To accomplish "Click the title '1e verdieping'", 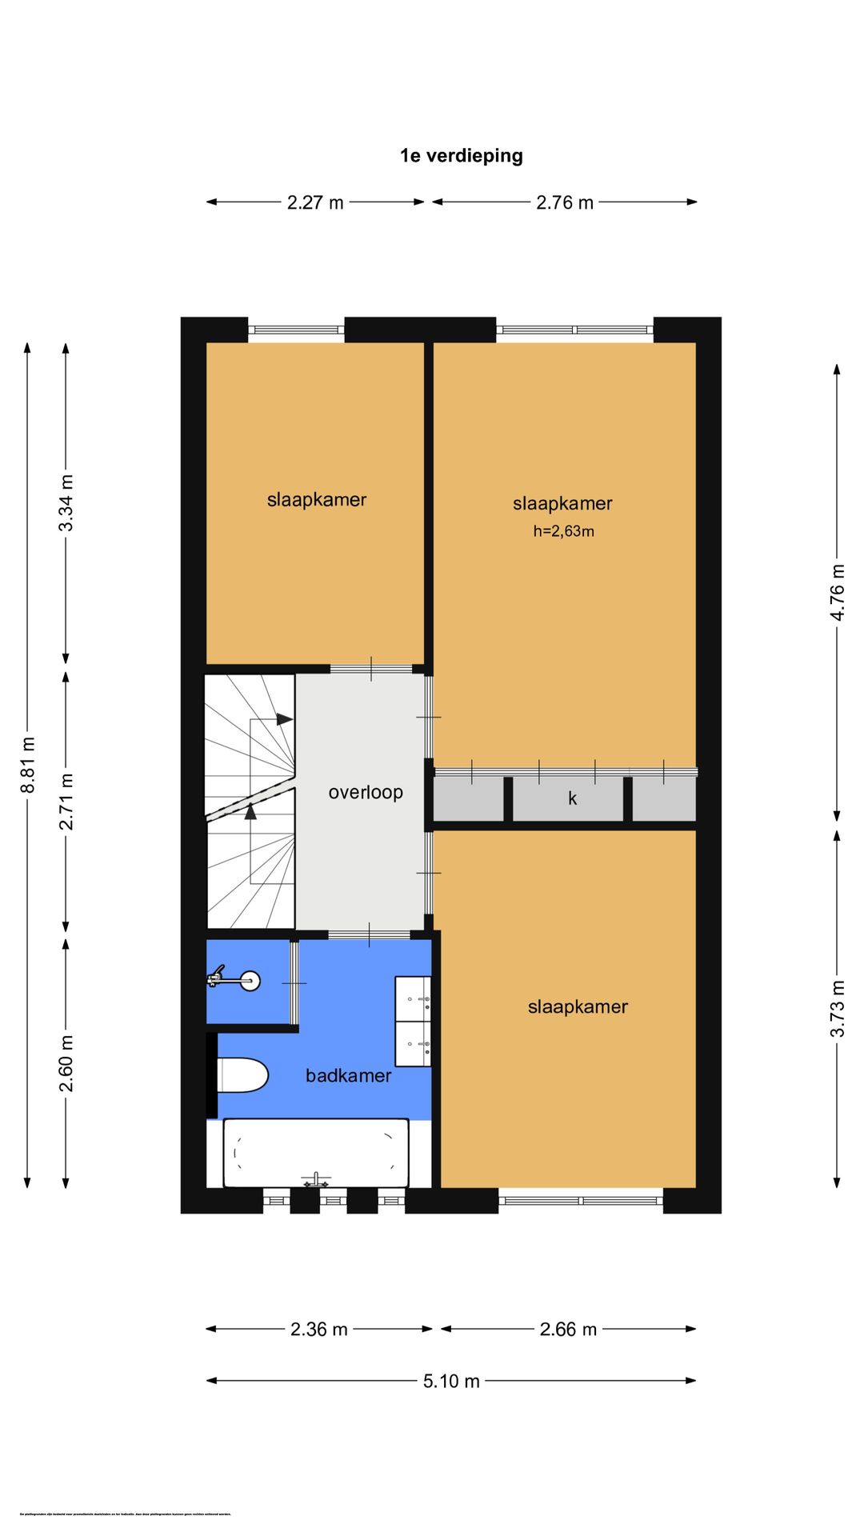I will tap(461, 156).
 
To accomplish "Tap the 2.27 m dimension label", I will tap(315, 203).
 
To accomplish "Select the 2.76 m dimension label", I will tap(565, 203).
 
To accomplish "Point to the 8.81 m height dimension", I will tap(28, 765).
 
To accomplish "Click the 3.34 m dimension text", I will tap(66, 502).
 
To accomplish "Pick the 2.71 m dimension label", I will tap(66, 801).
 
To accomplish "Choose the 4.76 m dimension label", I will tap(837, 592).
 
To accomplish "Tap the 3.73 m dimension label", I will tap(837, 1008).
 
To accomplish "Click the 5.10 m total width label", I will tap(451, 1382).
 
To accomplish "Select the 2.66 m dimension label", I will tap(568, 1330).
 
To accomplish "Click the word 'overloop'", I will tap(366, 793).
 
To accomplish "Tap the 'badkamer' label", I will tap(348, 1076).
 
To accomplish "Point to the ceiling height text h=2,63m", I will tap(563, 531).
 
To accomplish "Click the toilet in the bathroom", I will tap(242, 1075).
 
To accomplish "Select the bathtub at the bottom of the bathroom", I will tap(315, 1153).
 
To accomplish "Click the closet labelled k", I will tap(571, 799).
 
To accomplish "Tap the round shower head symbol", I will tap(250, 980).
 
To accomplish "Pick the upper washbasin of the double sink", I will tap(414, 998).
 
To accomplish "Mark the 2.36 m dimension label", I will tap(318, 1330).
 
